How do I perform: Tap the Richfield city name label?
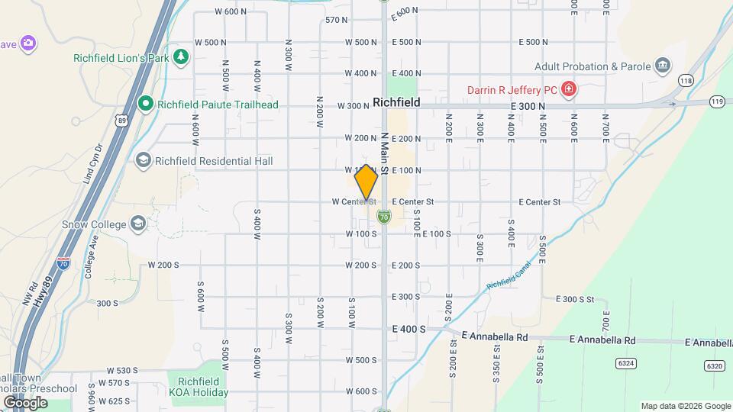[x=397, y=101]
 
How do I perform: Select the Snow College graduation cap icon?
[x=137, y=223]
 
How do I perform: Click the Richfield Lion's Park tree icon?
[x=181, y=57]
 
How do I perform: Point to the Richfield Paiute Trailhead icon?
[x=145, y=104]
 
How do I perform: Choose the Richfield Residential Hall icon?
[x=143, y=161]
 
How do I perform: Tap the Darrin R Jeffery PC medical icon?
[x=567, y=90]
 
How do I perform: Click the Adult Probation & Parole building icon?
[x=663, y=66]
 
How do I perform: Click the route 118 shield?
[x=686, y=80]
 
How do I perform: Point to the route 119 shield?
[x=716, y=101]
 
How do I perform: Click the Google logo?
[x=25, y=402]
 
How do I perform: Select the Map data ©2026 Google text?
[x=684, y=406]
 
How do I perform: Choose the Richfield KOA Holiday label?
[x=199, y=387]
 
